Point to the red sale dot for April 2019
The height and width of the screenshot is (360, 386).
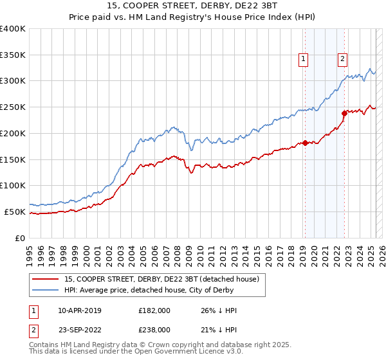[305, 143]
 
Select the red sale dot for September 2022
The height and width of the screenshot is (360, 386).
[344, 113]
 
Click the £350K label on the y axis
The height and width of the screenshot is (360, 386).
[13, 55]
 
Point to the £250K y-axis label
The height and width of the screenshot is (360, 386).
[13, 107]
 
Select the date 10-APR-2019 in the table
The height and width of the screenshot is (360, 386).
[80, 310]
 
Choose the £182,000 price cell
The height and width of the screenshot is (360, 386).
[154, 310]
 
